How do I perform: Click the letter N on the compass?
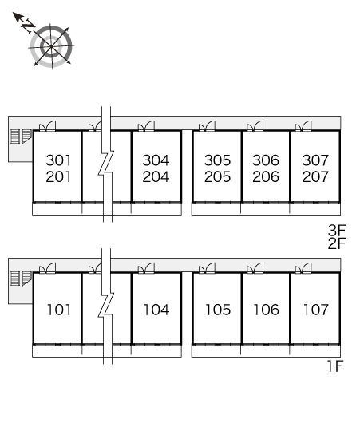click(28, 26)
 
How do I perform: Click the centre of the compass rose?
click(51, 46)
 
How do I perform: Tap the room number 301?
click(58, 160)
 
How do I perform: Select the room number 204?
click(156, 176)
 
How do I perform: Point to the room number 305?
click(217, 160)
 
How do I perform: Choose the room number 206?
click(266, 176)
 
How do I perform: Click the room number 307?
click(315, 160)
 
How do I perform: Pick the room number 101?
click(59, 310)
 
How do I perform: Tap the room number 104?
click(156, 310)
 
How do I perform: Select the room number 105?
click(218, 310)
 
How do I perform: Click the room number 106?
click(267, 310)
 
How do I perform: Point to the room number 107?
click(316, 310)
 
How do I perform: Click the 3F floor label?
click(337, 230)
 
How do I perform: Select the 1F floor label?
click(335, 366)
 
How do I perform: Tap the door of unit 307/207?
click(303, 126)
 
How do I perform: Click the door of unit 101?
click(48, 268)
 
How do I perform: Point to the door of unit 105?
click(207, 268)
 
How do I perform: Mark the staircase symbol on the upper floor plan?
click(21, 136)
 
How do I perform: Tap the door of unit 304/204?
click(146, 126)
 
